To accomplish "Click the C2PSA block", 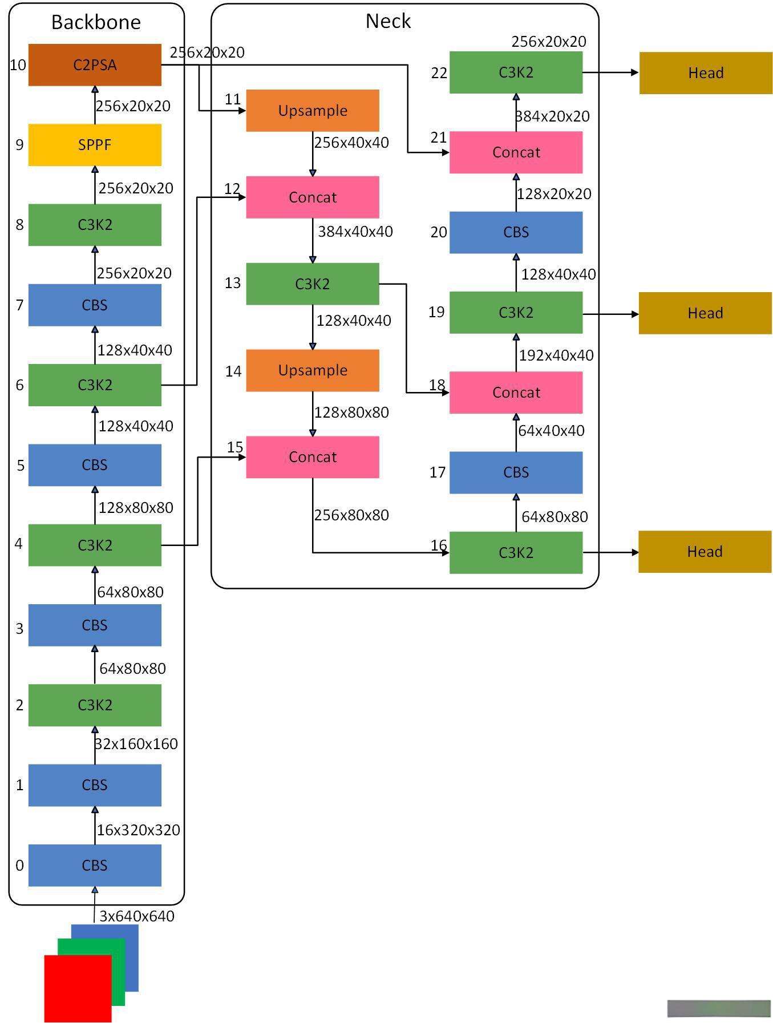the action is pos(95,65).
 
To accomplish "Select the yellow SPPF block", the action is pos(95,145).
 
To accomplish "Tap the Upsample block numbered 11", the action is pos(313,111).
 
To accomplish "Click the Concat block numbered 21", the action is pos(516,152).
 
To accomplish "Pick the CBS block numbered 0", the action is pos(95,866).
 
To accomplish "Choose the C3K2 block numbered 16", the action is pos(516,553).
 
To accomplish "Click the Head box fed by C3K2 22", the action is pos(706,73).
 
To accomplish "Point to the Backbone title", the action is pos(96,22).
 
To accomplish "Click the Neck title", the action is pos(388,21).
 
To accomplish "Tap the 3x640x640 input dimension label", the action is pos(137,916).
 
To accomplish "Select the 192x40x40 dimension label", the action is pos(556,355).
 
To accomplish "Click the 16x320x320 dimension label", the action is pos(139,830).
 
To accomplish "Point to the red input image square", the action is pos(78,989).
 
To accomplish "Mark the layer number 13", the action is pos(233,283).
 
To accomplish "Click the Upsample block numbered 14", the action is pos(313,371).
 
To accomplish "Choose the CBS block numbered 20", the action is pos(516,233).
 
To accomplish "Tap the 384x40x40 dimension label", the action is pos(355,232).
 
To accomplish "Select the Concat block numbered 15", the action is pos(313,458).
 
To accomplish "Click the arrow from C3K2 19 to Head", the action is pos(610,314).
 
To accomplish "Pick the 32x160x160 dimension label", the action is pos(136,744).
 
